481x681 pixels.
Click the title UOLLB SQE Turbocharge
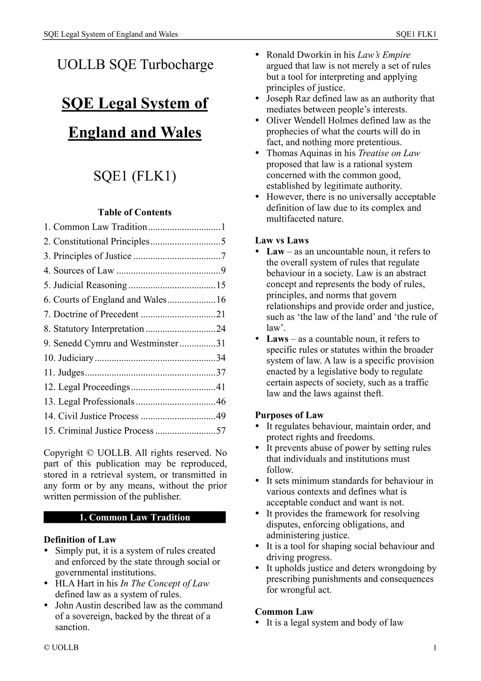135,65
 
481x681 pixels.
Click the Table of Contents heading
135,212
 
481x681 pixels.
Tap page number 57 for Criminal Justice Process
221,431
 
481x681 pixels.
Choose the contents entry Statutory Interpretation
99,329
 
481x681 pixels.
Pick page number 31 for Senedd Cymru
221,343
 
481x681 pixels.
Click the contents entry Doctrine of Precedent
96,314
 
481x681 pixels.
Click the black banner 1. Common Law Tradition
135,517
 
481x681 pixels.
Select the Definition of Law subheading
80,540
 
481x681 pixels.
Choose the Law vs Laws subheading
282,240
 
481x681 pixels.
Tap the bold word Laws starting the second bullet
277,339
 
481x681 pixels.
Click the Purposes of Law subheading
289,415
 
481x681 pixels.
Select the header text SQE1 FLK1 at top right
416,34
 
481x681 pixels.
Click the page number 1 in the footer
435,648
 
